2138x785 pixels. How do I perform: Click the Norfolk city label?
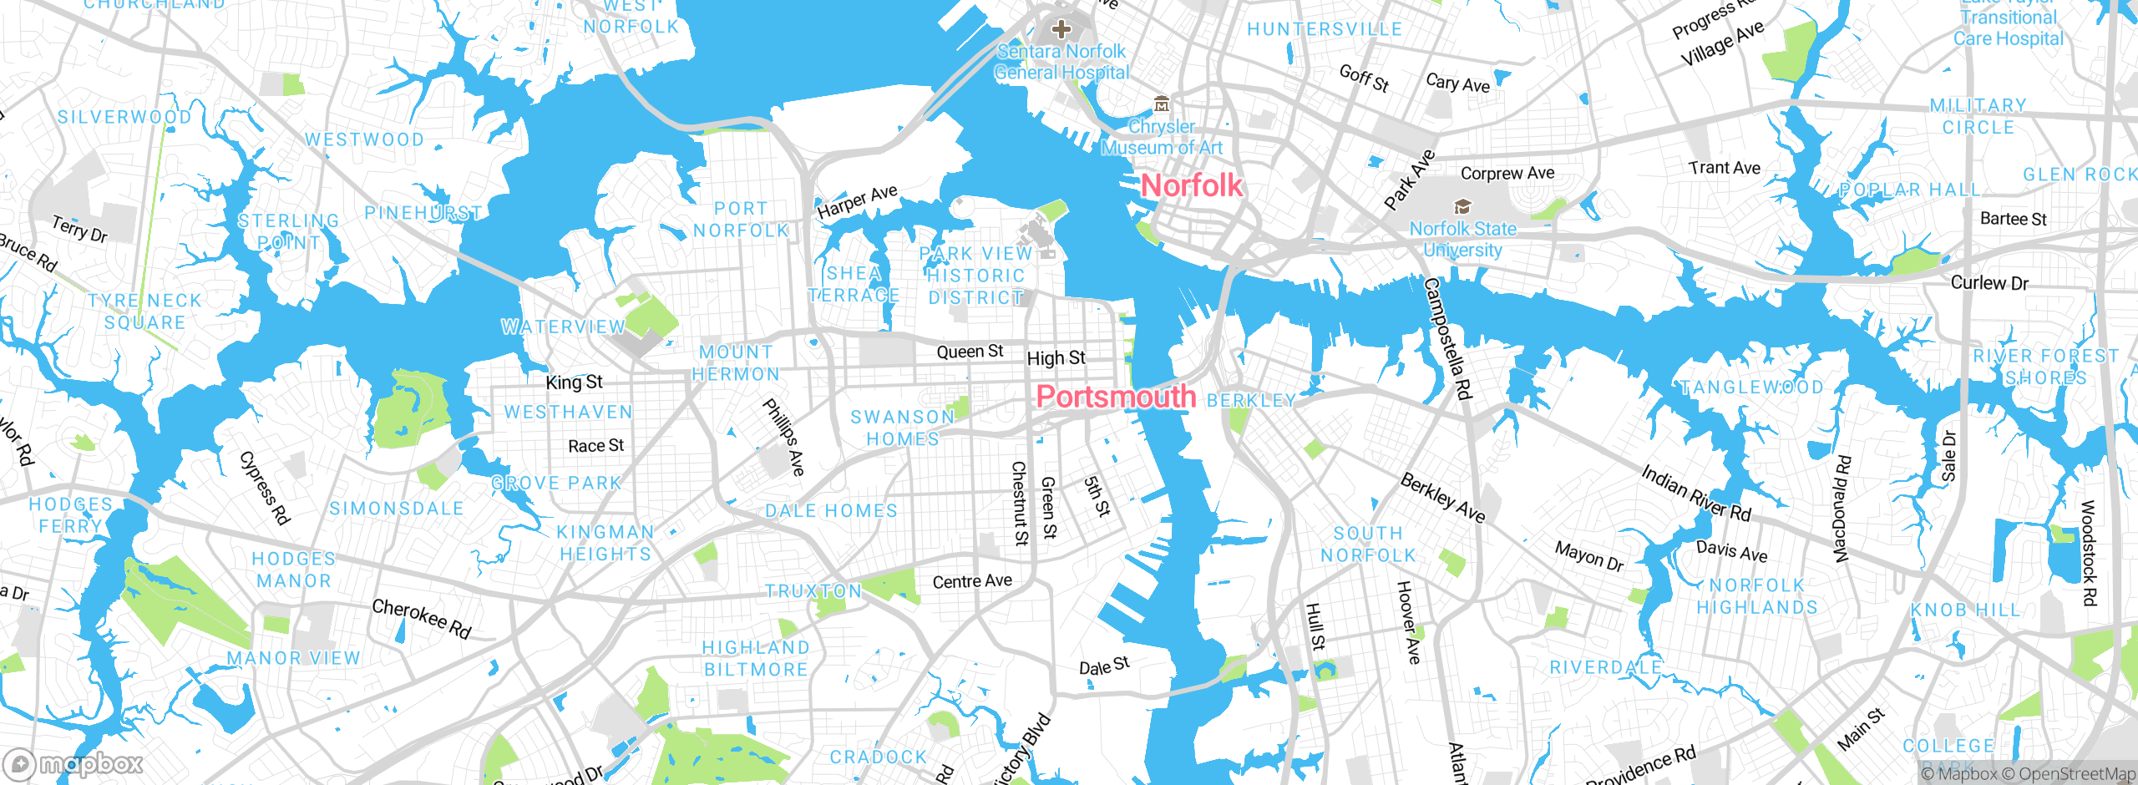[x=1191, y=185]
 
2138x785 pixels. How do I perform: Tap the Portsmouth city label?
[x=1116, y=397]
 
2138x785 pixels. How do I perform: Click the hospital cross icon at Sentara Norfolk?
[x=1061, y=30]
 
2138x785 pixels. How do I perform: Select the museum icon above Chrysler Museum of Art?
[x=1162, y=104]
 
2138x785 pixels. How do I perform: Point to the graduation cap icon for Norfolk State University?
[x=1462, y=206]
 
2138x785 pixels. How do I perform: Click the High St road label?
[x=1056, y=358]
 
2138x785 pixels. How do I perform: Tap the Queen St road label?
[x=970, y=352]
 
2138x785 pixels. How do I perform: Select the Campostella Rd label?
[x=1446, y=338]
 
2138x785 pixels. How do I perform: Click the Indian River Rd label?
[x=1695, y=494]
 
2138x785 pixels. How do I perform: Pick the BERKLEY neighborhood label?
[x=1250, y=401]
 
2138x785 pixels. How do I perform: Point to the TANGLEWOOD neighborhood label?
[x=1751, y=387]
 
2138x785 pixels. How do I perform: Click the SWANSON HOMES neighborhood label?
[x=902, y=428]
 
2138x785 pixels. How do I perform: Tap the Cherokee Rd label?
[x=422, y=619]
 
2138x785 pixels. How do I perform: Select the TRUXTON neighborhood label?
[x=813, y=591]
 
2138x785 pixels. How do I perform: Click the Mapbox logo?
[x=73, y=763]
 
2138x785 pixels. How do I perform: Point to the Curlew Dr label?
[x=1989, y=283]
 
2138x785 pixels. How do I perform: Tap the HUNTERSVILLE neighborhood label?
[x=1325, y=29]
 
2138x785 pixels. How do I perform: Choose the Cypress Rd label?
[x=265, y=489]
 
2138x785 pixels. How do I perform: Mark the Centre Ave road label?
[x=972, y=581]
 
